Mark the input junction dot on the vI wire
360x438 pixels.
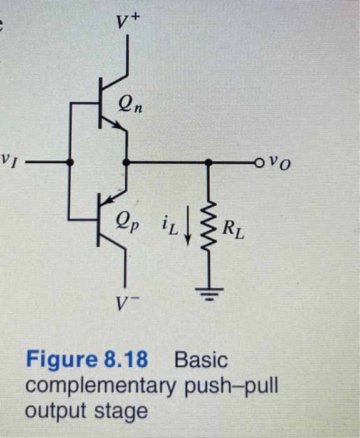[x=69, y=162]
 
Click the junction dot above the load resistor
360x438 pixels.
[x=208, y=162]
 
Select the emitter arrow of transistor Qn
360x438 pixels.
[x=117, y=126]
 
